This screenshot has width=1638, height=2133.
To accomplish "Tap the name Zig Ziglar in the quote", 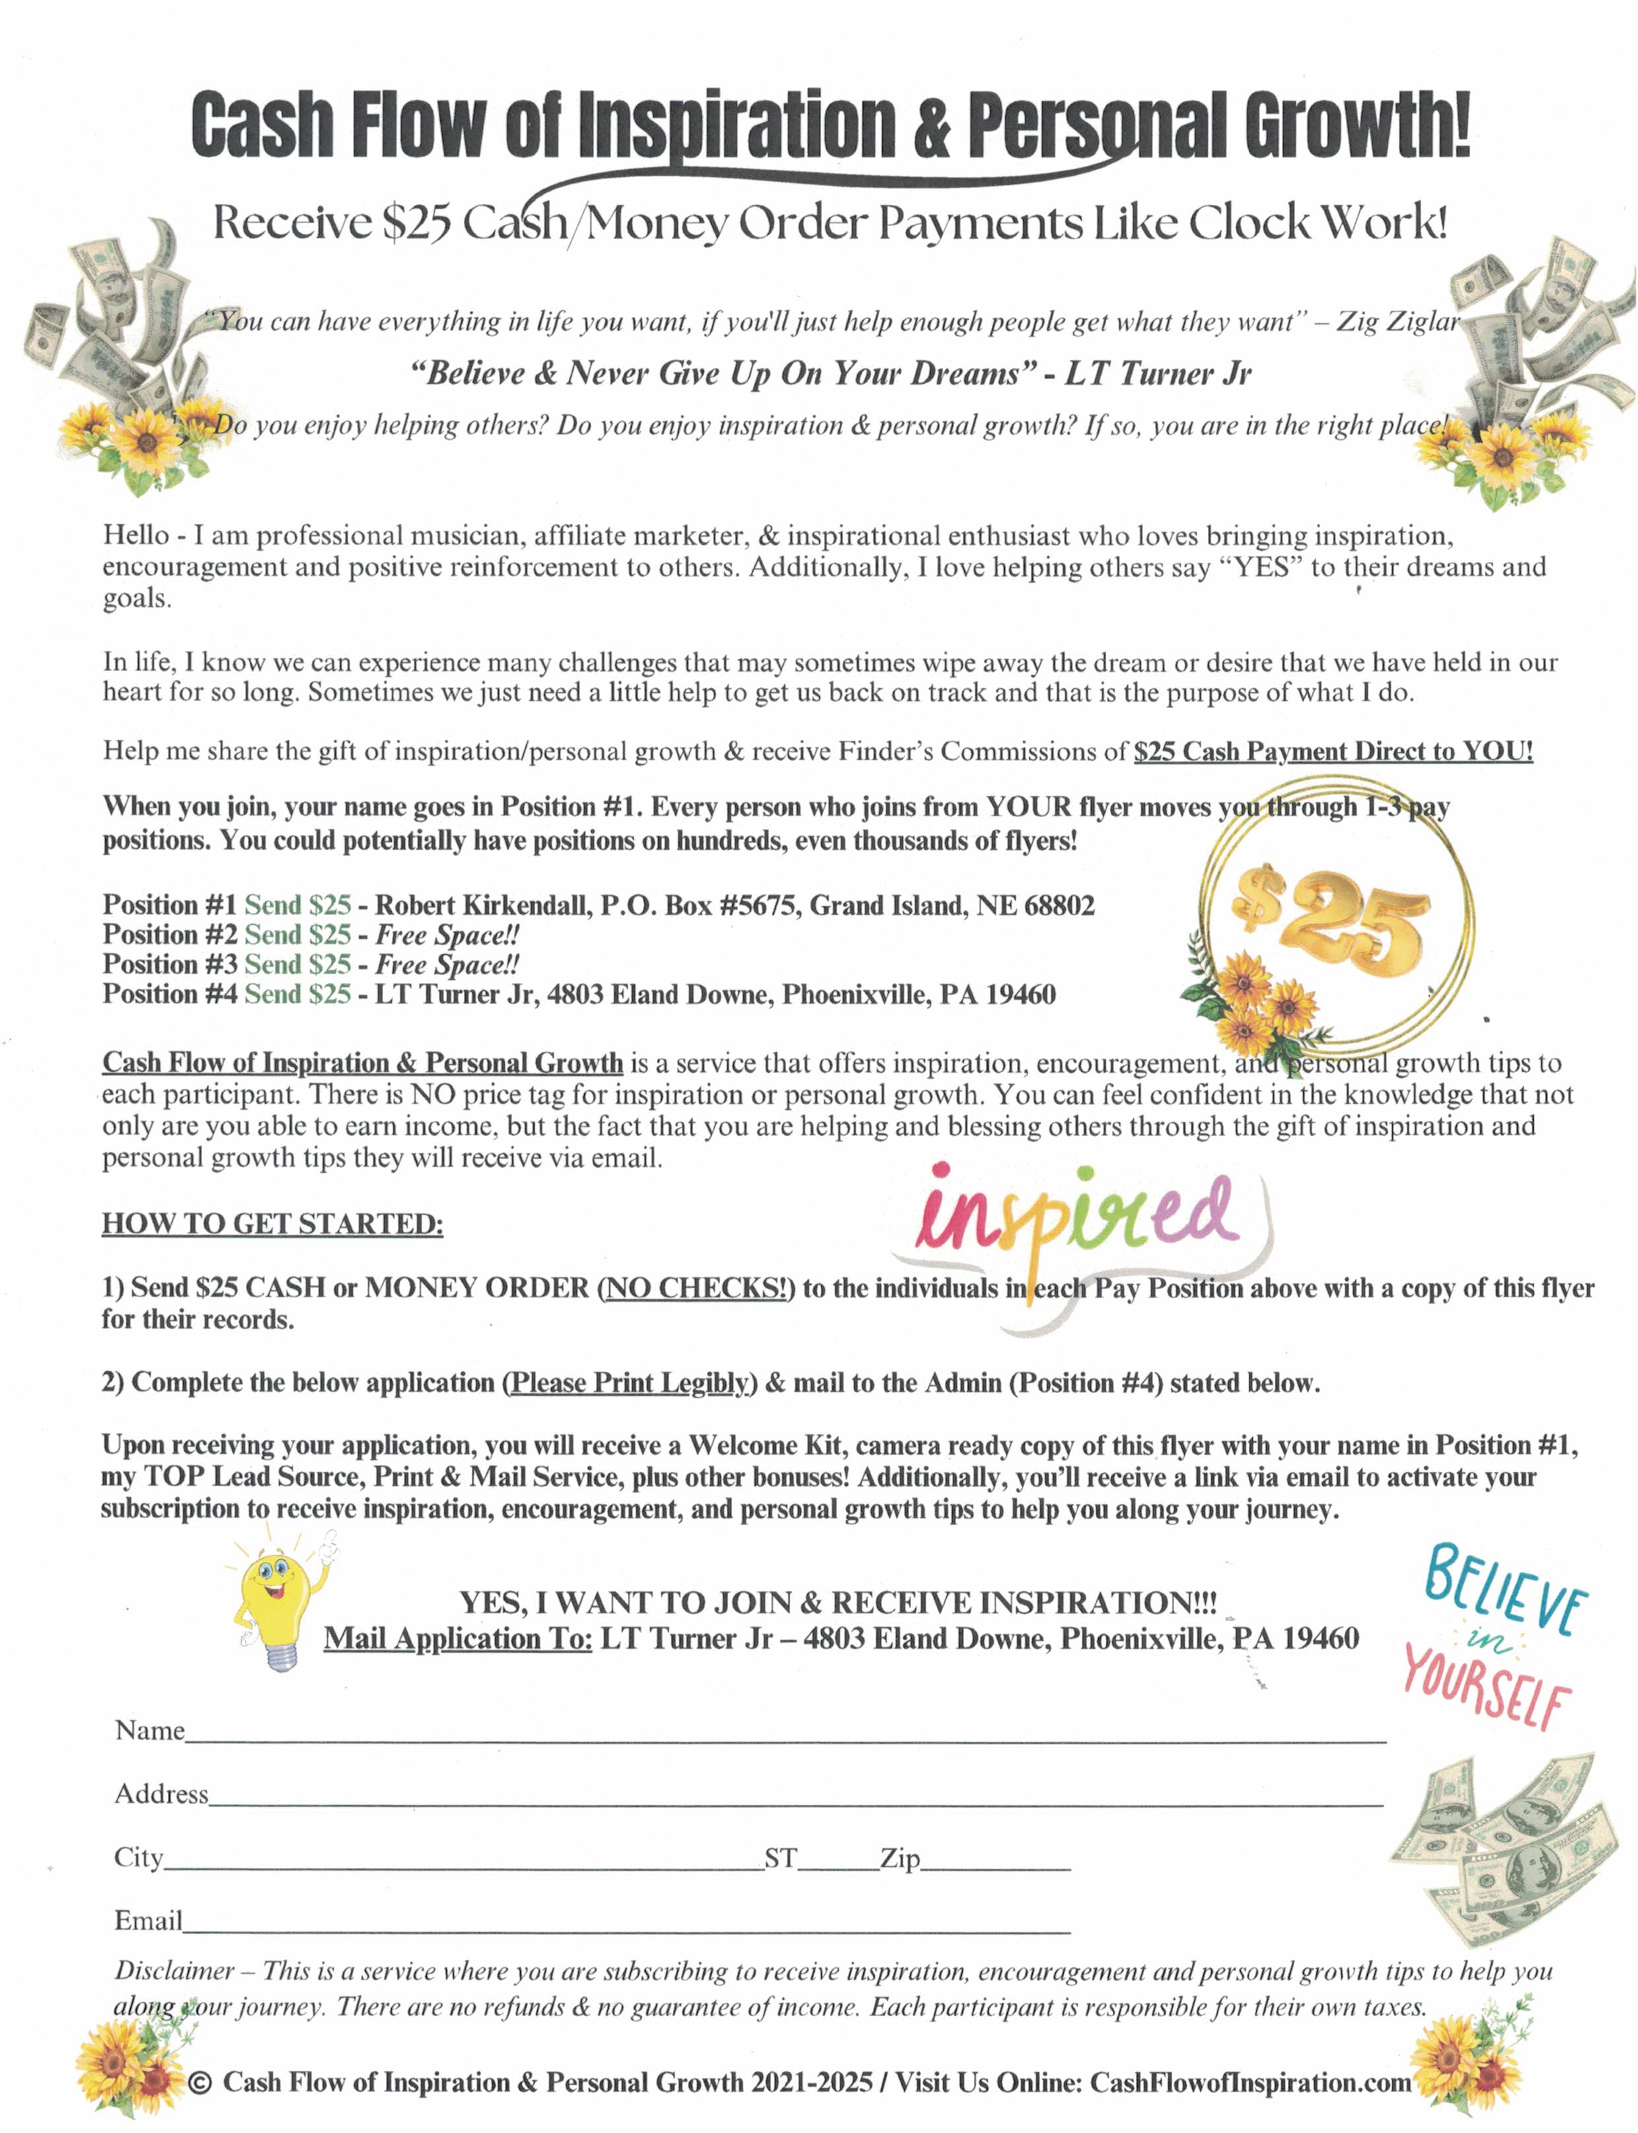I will point(1397,322).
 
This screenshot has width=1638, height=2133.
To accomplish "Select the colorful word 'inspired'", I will point(1078,1219).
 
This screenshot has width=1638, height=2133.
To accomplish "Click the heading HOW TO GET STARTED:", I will point(272,1223).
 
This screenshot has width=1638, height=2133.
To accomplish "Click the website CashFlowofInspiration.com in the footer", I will point(1250,2082).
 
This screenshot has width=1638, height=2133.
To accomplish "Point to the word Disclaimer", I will point(174,1970).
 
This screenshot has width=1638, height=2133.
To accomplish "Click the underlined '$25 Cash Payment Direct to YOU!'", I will point(1333,752).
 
